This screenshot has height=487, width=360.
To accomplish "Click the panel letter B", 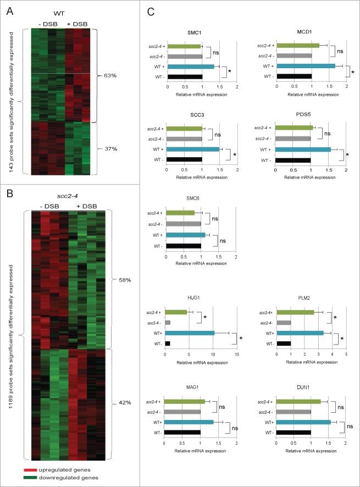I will pos(9,192).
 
